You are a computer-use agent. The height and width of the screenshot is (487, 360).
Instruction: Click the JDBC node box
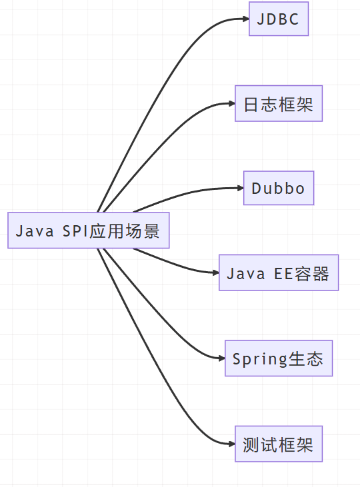click(x=278, y=19)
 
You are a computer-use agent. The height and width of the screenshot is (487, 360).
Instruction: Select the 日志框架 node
click(x=278, y=103)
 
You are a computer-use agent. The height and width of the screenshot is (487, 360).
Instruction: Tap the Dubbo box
click(x=278, y=188)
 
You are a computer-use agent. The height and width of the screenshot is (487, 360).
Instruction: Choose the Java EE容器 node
click(x=278, y=272)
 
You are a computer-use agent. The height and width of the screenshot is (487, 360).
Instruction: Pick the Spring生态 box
click(x=278, y=358)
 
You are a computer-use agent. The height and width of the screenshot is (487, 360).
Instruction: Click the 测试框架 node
click(x=278, y=444)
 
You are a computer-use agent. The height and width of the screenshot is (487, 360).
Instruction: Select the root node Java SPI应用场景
click(x=88, y=231)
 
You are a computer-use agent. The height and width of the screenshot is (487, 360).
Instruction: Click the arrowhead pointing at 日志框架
click(x=231, y=103)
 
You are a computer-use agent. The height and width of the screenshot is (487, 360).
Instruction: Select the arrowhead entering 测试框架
click(x=231, y=444)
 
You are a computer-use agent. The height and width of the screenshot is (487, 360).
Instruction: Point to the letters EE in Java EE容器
click(x=283, y=273)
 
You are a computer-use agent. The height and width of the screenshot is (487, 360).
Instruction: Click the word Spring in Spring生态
click(x=259, y=359)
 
